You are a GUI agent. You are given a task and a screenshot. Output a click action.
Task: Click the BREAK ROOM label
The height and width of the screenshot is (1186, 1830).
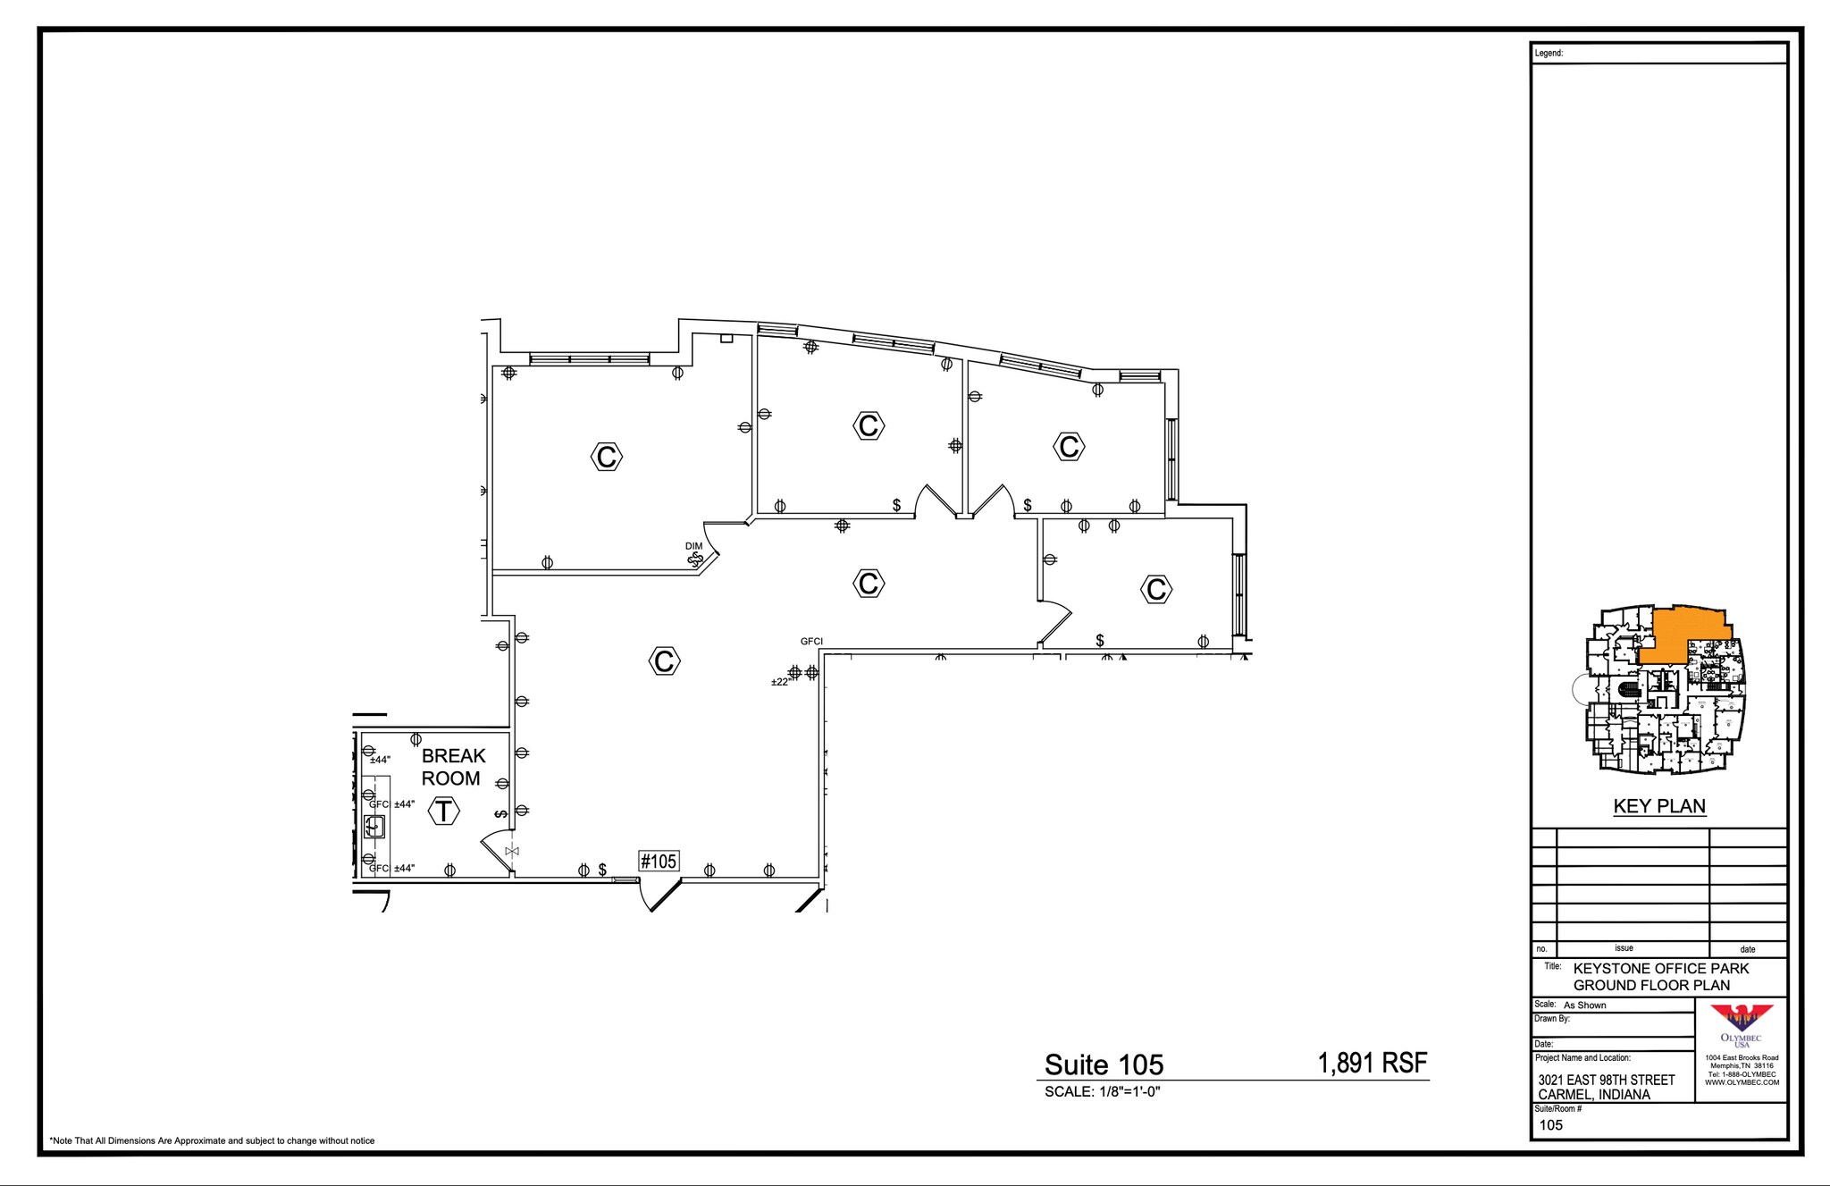tap(453, 767)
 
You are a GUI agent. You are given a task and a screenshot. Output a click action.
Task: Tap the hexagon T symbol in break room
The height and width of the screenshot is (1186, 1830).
tap(444, 812)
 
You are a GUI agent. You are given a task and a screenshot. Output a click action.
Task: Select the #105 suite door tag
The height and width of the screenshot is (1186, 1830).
tap(659, 861)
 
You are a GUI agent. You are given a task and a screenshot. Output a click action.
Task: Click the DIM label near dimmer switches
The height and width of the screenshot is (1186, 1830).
tap(693, 546)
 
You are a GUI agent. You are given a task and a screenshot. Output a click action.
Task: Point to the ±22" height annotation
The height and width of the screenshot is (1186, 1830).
tap(781, 682)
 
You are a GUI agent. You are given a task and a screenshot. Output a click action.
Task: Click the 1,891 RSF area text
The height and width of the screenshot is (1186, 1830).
tap(1372, 1063)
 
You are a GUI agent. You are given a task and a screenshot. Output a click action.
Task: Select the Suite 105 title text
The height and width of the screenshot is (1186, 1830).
tap(1104, 1064)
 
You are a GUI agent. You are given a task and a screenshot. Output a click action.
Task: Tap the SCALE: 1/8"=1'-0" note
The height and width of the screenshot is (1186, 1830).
tap(1102, 1091)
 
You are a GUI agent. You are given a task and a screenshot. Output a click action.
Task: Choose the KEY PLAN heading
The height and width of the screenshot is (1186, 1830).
tap(1659, 806)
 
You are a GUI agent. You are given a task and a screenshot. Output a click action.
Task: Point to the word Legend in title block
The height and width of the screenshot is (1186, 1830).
tap(1549, 54)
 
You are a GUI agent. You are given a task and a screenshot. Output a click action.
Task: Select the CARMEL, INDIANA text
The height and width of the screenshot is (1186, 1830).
tap(1594, 1095)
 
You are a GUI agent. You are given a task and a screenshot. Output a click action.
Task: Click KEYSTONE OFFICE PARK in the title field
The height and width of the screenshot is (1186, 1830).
tap(1661, 968)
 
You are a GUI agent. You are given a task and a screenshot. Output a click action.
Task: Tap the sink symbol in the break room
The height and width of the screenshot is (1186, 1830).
tap(375, 826)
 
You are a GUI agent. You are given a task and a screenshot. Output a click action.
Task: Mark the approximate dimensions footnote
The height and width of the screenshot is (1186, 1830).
tap(213, 1140)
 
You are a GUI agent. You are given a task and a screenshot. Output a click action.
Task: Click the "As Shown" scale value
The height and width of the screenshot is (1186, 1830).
tap(1584, 1005)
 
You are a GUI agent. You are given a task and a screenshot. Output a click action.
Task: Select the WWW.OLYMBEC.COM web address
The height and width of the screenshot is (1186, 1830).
tap(1742, 1082)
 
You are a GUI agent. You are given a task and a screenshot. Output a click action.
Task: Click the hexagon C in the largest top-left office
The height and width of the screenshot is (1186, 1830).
tap(607, 457)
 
